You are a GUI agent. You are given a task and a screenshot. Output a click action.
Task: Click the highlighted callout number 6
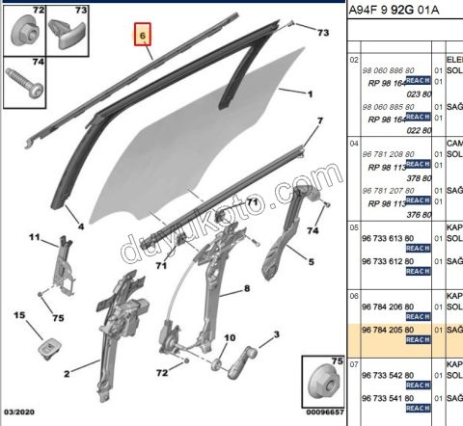click(143, 37)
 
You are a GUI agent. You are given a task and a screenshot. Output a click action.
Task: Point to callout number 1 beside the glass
click(311, 94)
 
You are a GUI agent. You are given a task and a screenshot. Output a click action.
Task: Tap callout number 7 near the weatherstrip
click(320, 121)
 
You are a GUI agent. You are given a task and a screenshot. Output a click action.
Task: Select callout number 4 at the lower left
click(81, 227)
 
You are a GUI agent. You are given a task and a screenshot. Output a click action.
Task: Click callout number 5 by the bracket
click(312, 261)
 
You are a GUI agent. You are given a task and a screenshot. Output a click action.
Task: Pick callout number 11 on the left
click(33, 237)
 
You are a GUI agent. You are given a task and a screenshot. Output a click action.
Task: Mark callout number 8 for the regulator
click(246, 288)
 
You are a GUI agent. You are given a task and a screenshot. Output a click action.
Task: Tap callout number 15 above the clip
click(18, 316)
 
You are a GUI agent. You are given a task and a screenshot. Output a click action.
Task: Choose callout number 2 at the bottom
click(67, 373)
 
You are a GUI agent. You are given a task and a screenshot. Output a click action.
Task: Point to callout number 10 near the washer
click(230, 338)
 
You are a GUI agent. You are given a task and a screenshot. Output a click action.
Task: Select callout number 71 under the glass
click(161, 265)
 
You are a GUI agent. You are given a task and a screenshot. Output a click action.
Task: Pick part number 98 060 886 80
click(387, 71)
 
